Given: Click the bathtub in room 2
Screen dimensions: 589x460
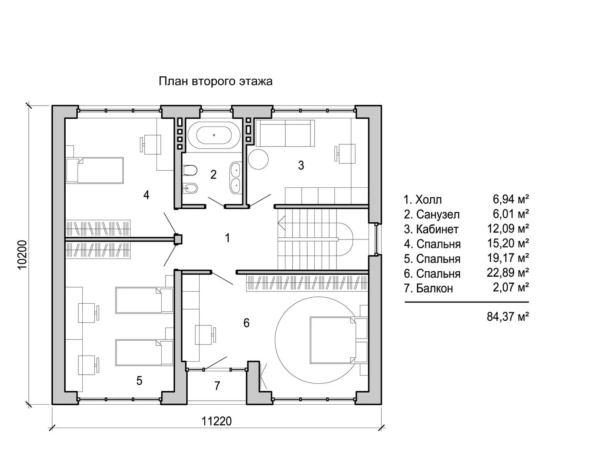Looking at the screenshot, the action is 214,135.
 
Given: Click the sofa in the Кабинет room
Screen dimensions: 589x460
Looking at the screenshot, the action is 285,133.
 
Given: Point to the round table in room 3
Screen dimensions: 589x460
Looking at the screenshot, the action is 258,159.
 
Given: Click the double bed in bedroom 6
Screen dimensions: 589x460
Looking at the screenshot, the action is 333,340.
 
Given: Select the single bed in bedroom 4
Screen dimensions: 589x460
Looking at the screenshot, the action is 95,170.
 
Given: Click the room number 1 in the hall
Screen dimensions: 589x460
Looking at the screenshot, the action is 228,238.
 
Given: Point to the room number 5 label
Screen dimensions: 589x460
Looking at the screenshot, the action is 139,381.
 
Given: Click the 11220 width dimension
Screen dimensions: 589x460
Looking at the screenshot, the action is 217,421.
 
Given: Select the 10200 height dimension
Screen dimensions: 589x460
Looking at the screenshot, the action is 23,254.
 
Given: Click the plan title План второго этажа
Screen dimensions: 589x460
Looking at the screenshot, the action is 215,81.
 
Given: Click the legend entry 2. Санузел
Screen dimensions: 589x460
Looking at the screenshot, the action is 432,215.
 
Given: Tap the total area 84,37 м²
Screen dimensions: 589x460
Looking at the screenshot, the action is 508,316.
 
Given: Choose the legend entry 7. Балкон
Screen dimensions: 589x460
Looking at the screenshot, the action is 428,288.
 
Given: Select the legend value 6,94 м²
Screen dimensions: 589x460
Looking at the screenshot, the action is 511,199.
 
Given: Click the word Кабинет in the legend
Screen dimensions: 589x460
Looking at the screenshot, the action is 437,229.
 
